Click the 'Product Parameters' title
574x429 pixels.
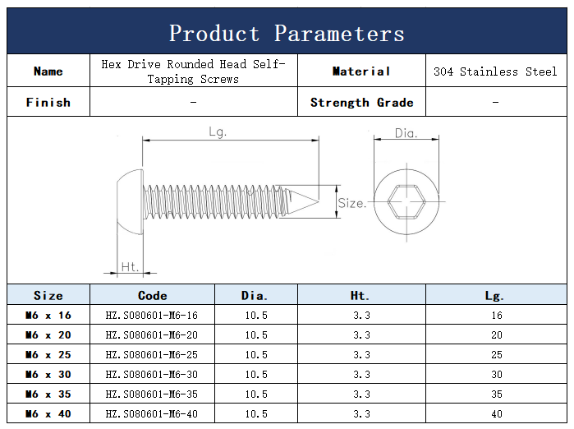pyautogui.click(x=287, y=34)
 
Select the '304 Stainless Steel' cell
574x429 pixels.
pyautogui.click(x=495, y=71)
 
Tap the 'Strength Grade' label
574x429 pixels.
pyautogui.click(x=361, y=103)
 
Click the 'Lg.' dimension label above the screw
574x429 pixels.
pyautogui.click(x=218, y=131)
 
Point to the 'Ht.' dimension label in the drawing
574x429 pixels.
pyautogui.click(x=130, y=267)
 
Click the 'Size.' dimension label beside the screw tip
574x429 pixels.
pyautogui.click(x=351, y=203)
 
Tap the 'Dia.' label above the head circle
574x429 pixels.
pyautogui.click(x=406, y=133)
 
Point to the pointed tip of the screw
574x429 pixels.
pyautogui.click(x=318, y=201)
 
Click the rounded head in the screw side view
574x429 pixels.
pyautogui.click(x=131, y=201)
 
